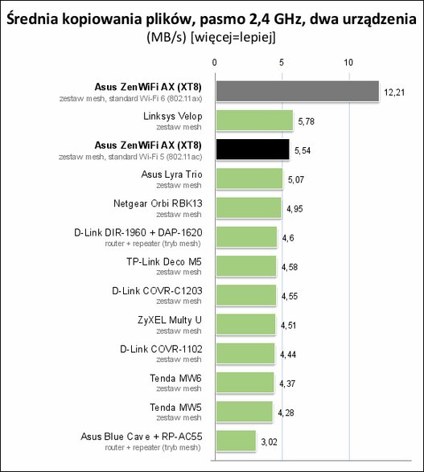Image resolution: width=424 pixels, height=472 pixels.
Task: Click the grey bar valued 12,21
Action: tap(297, 91)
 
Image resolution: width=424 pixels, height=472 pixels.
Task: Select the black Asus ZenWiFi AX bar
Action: tap(253, 150)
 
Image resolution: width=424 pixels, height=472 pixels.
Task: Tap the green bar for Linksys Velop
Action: tap(254, 121)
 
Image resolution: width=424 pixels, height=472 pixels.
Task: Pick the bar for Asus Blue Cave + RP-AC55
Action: tap(236, 441)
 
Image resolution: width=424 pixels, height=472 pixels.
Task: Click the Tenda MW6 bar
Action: tap(245, 383)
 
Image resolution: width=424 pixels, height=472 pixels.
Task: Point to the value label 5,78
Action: tap(307, 121)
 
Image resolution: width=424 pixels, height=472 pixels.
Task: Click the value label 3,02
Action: tap(270, 442)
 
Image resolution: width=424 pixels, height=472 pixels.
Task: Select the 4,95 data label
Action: tap(294, 209)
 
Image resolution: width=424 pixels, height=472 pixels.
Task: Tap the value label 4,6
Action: tap(288, 238)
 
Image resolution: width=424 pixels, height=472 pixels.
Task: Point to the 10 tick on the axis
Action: tap(348, 63)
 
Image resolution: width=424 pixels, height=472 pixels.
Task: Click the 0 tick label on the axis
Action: tap(214, 63)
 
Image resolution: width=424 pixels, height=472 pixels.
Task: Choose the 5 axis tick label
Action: tap(282, 63)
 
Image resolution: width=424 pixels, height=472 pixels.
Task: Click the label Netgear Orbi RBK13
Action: tap(158, 203)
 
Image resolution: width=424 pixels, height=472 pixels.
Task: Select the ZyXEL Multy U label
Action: tap(170, 320)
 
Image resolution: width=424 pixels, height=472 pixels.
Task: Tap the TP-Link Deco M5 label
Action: tap(164, 262)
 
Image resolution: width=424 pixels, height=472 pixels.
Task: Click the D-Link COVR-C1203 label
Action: tap(157, 291)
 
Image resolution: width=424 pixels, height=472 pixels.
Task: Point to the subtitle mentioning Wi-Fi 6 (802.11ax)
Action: tap(130, 99)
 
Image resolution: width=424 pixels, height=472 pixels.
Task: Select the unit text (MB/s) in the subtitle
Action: tap(167, 38)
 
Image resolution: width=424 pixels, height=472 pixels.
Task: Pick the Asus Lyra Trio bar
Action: tap(249, 179)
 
